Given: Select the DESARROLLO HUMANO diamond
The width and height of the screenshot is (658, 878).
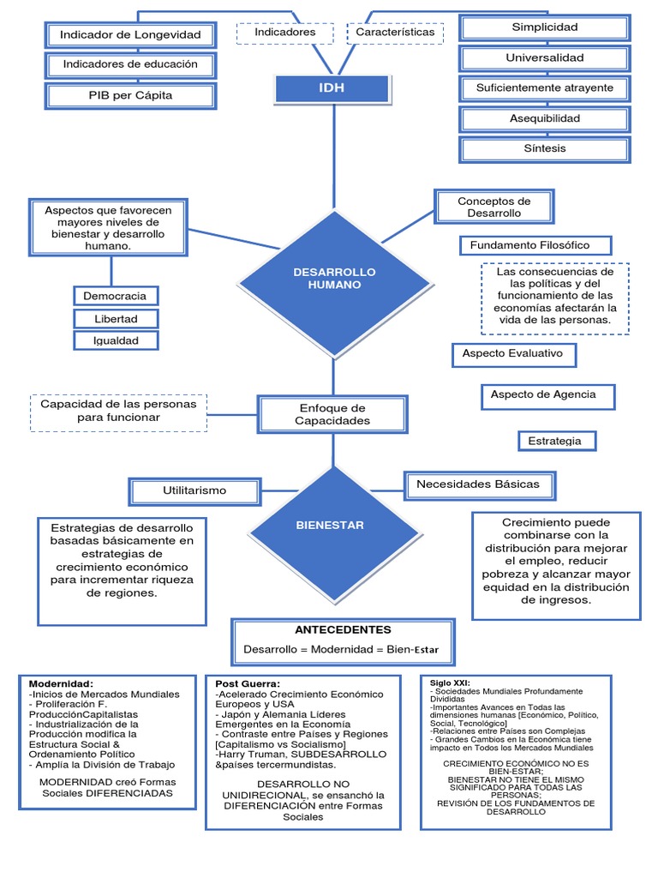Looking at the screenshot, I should coord(334,278).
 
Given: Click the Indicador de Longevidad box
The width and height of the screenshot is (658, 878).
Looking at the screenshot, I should coord(129,34).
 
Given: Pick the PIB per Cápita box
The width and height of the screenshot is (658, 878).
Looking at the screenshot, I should coord(129,95).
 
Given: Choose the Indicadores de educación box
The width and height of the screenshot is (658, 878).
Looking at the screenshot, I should coord(129,64).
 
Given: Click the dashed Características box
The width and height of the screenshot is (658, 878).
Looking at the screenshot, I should coord(395,33).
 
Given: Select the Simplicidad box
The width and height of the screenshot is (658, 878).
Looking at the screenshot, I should coord(545,27).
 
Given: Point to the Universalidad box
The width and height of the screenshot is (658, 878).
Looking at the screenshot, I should coord(545,58).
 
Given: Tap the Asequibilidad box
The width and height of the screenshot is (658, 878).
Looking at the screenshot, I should coord(545,118).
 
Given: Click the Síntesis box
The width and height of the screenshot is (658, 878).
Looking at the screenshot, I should coord(545,148).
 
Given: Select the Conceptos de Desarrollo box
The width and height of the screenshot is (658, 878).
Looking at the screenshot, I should coord(493,207).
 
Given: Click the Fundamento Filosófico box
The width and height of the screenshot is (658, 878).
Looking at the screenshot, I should coord(535,246).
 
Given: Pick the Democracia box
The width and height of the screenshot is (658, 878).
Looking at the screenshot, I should coord(115,296).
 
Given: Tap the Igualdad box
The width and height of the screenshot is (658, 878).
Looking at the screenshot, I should coord(115,340).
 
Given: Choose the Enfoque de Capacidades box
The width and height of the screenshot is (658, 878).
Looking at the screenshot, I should coord(332,414).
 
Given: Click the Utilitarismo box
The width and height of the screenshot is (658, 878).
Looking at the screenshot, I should coord(194,490).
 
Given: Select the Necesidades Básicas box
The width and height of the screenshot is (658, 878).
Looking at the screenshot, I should coord(478,484).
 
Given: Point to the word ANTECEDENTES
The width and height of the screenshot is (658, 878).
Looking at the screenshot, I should coord(343,630).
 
